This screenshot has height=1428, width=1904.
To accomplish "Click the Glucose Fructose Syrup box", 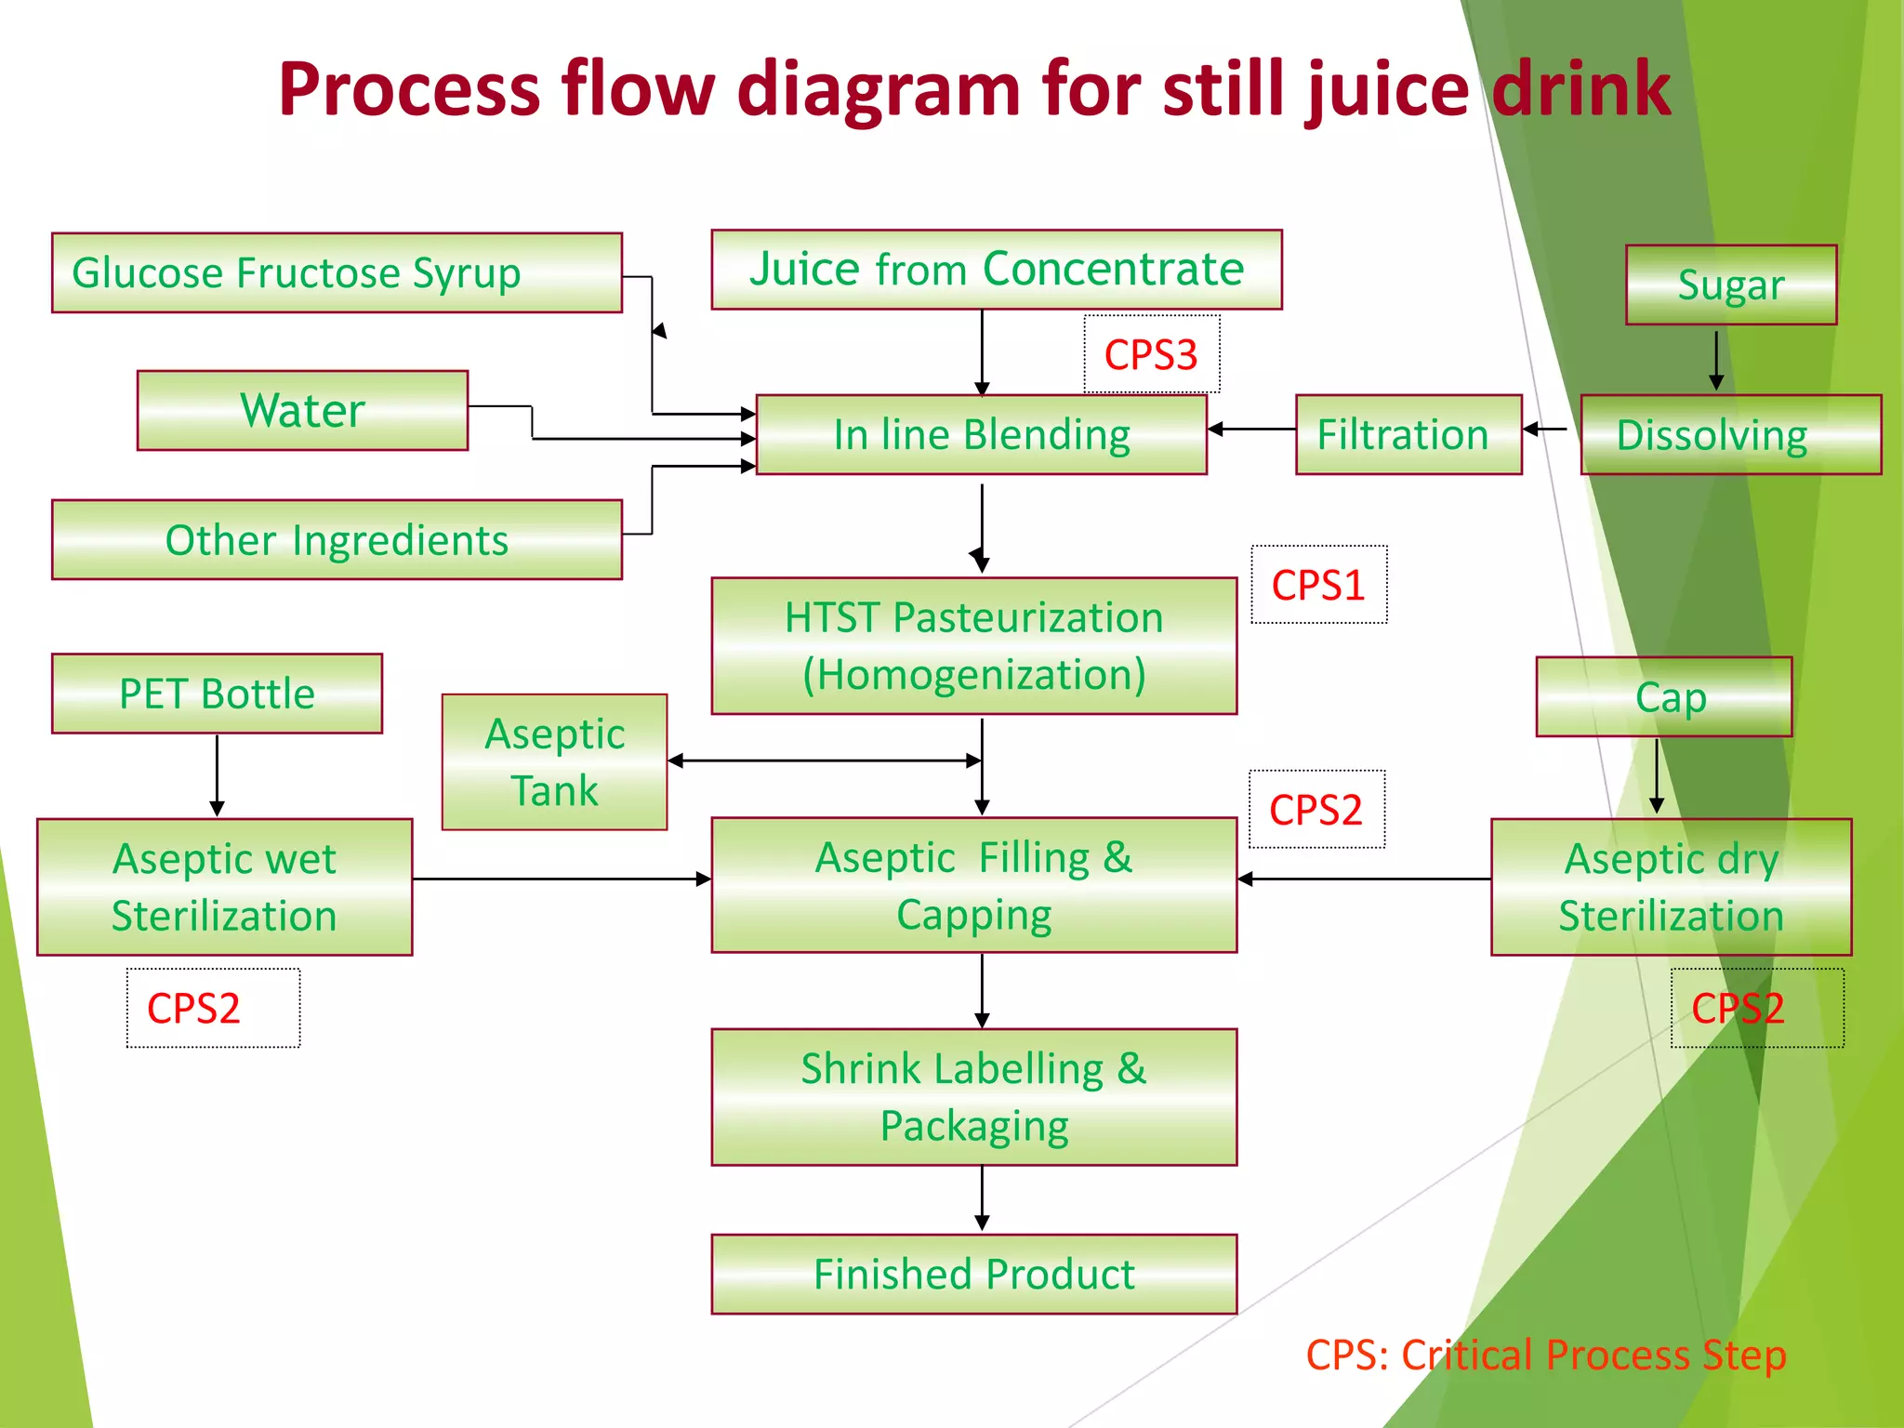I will [337, 272].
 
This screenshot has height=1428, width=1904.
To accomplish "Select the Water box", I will [302, 410].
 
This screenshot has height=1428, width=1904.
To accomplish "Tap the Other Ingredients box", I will [337, 539].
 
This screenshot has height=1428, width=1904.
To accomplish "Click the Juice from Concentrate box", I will [996, 269].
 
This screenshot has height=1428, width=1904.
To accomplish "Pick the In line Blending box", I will [981, 434].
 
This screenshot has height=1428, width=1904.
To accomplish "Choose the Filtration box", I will [1408, 434].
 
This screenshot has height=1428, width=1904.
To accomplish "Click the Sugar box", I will [1730, 284].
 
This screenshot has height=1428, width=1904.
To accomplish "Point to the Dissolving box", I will [1730, 434].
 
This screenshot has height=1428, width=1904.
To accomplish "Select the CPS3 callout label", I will [1151, 354].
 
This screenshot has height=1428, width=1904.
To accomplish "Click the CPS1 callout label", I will [1318, 585].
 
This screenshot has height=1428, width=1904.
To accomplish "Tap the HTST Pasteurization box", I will [973, 645].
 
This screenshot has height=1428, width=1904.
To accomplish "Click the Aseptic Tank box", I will [554, 761].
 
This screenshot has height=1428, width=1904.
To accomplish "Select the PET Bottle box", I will [217, 694].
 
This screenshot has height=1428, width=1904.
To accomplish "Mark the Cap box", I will [1663, 696].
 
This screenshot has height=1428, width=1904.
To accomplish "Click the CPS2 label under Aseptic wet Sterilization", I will [212, 1008].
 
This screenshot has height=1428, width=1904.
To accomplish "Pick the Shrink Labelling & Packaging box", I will [973, 1096].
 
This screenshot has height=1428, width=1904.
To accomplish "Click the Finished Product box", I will [973, 1274].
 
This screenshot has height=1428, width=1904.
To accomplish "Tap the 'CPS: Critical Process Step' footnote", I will [1545, 1355].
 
